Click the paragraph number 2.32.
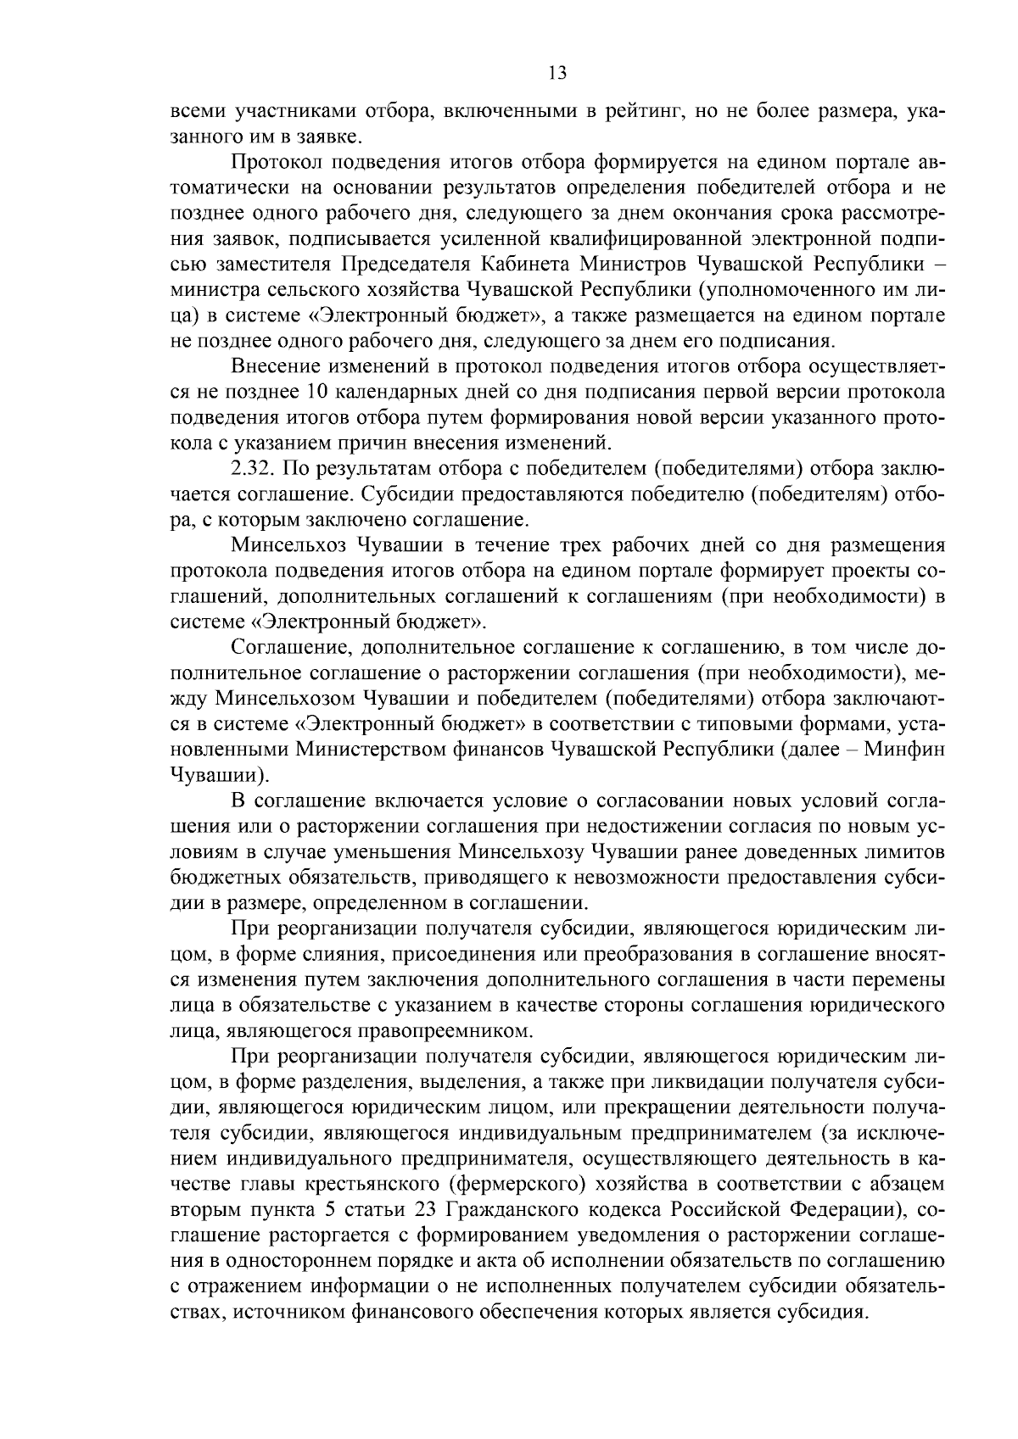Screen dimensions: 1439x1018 [x=252, y=467]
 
